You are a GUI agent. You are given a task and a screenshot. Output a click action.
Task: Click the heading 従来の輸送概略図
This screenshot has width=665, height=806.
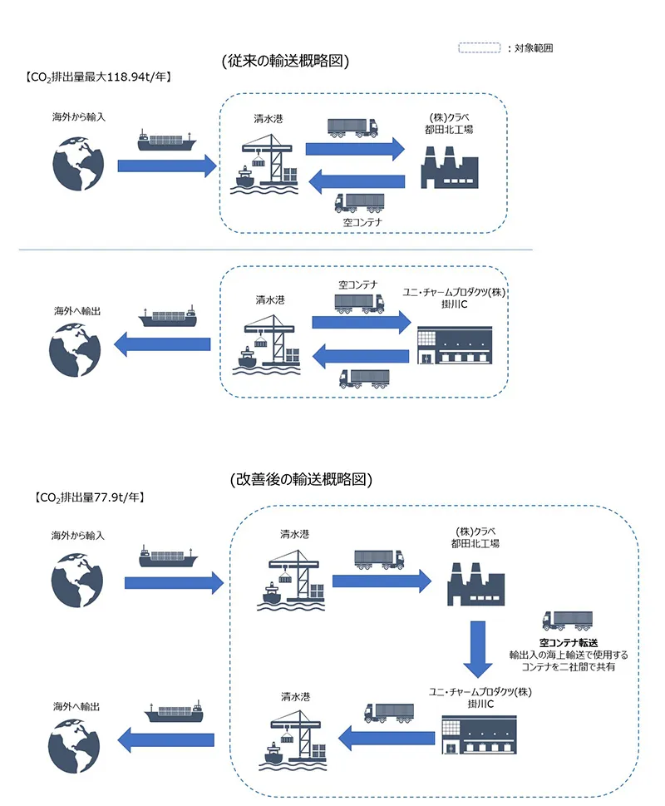pos(285,61)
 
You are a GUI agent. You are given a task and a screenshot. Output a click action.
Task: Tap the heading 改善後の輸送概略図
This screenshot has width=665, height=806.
pos(301,479)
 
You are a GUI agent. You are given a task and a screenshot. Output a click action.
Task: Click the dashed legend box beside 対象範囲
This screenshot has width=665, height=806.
pos(479,47)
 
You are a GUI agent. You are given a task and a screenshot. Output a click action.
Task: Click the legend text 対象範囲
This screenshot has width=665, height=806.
pos(534,48)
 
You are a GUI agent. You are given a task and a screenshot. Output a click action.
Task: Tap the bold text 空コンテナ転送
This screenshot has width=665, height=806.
pos(569,642)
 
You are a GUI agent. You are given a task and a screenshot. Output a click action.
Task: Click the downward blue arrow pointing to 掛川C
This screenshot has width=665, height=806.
pos(478,650)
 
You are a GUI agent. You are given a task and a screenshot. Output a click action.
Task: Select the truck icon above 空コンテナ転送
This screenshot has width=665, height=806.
pos(568,621)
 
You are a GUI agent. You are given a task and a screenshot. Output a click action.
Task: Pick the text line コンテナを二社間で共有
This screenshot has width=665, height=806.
pos(569,667)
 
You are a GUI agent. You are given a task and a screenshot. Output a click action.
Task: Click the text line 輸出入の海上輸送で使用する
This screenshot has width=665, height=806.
pos(569,655)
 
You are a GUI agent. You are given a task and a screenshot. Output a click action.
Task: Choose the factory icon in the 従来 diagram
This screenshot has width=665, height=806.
pos(450,167)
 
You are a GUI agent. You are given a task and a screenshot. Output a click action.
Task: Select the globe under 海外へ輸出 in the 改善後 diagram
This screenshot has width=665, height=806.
pos(74,746)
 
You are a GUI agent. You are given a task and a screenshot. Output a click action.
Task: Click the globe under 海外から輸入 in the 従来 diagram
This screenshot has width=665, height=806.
pos(78,164)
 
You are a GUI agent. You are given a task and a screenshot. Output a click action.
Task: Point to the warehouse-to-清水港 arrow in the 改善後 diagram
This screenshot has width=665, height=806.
pos(387,738)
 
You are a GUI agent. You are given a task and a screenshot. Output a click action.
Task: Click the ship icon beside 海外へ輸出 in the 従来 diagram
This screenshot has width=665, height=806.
pos(168,317)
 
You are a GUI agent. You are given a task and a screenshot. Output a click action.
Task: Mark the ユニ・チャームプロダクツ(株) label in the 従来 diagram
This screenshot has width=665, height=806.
pos(454,292)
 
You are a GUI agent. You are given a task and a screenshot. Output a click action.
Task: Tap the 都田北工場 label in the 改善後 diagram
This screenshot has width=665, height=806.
pos(475,543)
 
